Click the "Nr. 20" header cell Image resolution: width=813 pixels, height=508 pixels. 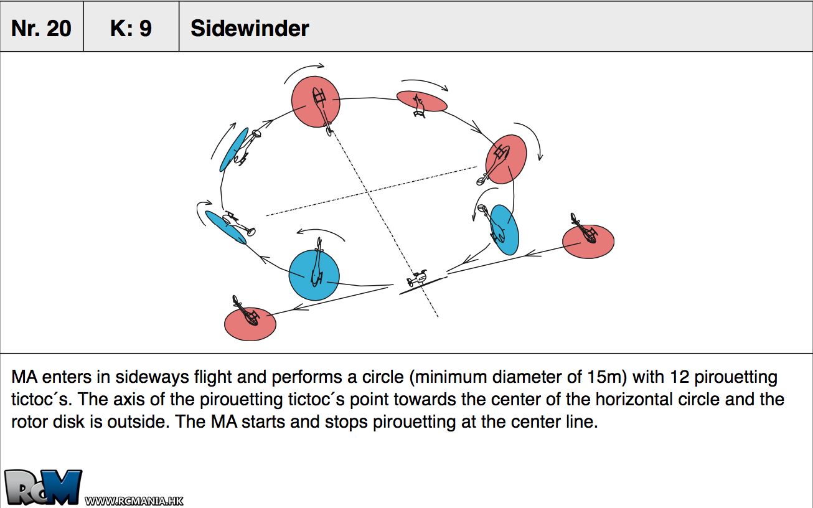[x=41, y=28]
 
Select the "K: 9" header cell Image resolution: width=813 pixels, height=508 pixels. [x=131, y=28]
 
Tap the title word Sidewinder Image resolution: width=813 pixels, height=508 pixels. [x=250, y=28]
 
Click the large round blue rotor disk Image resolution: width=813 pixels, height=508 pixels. [x=314, y=275]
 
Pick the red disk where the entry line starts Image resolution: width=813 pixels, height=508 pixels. [x=588, y=241]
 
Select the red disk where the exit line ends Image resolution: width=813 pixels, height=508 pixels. [x=250, y=324]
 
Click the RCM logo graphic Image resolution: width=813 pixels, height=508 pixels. [x=42, y=487]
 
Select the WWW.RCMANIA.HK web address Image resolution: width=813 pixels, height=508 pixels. [x=134, y=501]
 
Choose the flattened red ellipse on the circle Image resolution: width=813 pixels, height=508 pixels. [x=421, y=101]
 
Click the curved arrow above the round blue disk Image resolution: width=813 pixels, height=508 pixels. [x=320, y=234]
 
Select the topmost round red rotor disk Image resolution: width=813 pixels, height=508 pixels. [x=316, y=101]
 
